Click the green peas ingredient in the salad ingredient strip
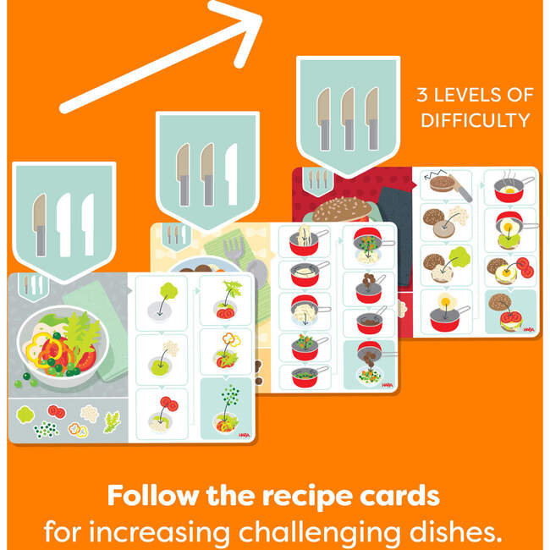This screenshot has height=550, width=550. click(46, 430)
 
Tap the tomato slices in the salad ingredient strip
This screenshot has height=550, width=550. click(58, 411)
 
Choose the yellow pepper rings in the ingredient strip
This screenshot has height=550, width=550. click(78, 430)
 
